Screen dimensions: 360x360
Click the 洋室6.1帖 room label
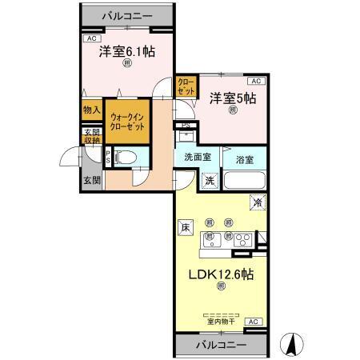(127, 53)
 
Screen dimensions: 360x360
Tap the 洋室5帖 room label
(233, 98)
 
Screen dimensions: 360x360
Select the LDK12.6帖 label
(220, 274)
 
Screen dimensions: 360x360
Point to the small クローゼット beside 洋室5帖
(185, 86)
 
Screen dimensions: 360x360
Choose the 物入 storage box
(90, 110)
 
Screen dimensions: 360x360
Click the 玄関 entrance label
(90, 181)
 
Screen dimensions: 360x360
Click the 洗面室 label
(198, 158)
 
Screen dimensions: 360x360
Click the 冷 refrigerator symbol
(257, 203)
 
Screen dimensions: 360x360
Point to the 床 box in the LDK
(183, 227)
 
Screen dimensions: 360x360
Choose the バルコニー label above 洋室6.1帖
(127, 15)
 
